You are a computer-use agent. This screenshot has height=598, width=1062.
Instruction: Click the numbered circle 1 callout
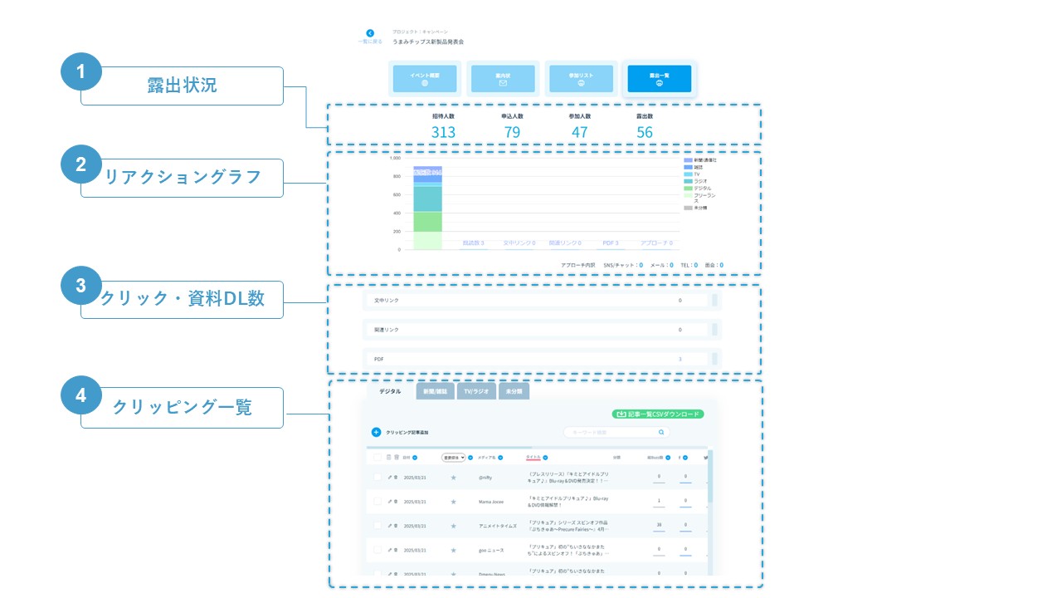pos(81,72)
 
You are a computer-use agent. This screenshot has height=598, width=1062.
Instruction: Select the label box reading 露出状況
pos(182,86)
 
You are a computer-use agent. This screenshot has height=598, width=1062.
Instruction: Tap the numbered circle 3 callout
pos(81,286)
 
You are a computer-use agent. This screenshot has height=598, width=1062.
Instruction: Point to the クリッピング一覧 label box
pos(182,407)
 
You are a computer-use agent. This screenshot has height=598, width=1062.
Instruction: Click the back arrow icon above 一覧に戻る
pos(370,33)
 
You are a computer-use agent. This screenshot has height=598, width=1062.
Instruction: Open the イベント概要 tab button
pos(424,78)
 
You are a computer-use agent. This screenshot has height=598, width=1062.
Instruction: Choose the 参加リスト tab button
pos(581,78)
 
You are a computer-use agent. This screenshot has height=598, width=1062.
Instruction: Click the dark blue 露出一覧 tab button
pos(659,78)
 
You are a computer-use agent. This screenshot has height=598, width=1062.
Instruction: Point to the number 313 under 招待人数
pos(443,132)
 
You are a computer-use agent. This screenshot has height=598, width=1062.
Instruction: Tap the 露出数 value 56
pos(645,132)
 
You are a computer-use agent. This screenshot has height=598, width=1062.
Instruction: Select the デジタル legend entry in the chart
pos(702,189)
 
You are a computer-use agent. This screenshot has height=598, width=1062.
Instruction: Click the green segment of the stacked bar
pos(427,221)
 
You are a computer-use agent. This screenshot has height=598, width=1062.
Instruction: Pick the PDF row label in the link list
pos(379,359)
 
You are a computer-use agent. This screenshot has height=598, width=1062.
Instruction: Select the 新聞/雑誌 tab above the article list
pos(435,391)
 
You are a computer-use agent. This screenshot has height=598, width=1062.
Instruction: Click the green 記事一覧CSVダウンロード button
pos(657,414)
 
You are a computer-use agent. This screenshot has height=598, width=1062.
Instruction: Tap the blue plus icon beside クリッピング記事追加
pos(376,432)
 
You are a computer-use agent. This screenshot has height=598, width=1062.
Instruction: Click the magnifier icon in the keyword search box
pos(661,432)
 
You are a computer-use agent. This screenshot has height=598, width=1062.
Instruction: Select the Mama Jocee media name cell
pos(492,502)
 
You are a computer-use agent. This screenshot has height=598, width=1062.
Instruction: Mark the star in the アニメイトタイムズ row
pos(453,526)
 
